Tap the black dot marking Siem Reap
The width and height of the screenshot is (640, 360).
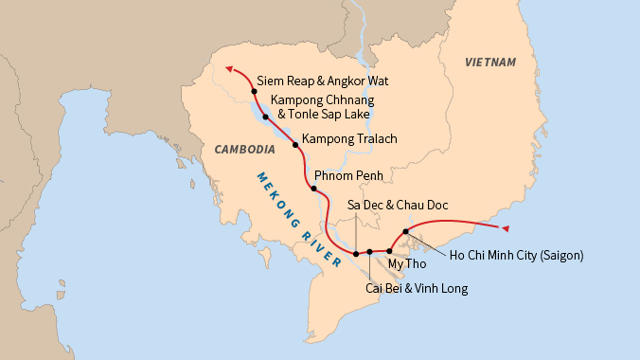255,91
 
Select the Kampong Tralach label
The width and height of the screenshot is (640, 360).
348,138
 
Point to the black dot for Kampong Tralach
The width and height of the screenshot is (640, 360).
295,145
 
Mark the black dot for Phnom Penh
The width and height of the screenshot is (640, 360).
313,189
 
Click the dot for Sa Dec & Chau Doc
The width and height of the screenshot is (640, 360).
356,254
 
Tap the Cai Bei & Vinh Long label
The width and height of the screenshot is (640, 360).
416,288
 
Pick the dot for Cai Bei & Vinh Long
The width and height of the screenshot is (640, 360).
370,252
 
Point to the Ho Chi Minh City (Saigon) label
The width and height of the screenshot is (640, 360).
516,254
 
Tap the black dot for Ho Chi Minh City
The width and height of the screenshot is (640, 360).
405,231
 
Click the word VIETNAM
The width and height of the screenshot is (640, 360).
491,63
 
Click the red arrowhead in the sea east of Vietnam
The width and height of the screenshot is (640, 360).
506,228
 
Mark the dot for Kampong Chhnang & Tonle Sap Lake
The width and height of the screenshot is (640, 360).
266,117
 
